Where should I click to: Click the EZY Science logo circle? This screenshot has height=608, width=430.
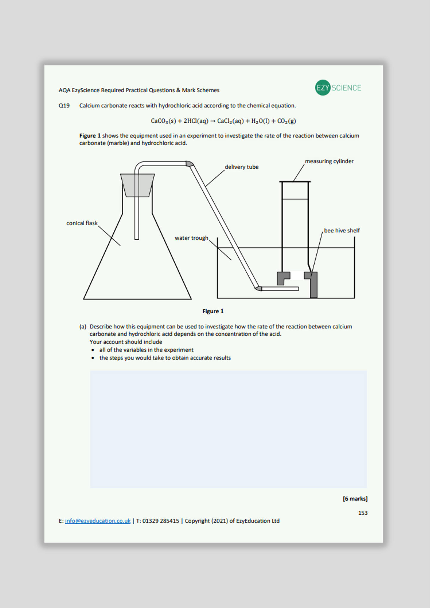tap(323, 88)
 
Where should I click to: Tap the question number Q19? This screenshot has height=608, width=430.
tap(64, 105)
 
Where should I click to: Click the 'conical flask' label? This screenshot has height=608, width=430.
tap(82, 223)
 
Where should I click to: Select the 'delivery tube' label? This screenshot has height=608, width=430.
tap(241, 167)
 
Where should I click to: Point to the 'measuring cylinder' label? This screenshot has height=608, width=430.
tap(329, 161)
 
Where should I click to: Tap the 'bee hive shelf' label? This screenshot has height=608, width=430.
tap(342, 230)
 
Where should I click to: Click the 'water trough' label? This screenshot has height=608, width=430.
tap(191, 238)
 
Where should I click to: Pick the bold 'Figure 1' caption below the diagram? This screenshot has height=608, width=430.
tap(213, 311)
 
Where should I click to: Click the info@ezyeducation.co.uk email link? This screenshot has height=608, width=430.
tap(98, 521)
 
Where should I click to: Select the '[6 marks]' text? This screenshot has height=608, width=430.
tap(355, 498)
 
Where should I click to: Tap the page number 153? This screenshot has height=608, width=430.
tap(363, 513)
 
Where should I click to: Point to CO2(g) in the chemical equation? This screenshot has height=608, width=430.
tap(286, 121)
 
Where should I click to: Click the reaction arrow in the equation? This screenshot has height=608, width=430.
tap(212, 121)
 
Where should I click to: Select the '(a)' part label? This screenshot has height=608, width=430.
tap(82, 326)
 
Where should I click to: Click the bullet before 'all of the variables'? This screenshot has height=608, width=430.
tap(93, 350)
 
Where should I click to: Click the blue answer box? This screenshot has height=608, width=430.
tap(228, 429)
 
